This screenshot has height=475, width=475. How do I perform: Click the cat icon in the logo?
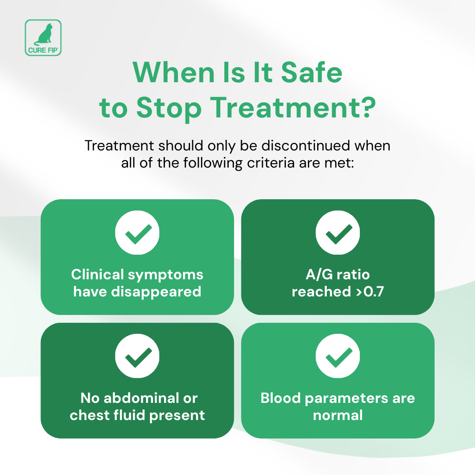[43, 34]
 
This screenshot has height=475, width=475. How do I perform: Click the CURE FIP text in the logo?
[43, 50]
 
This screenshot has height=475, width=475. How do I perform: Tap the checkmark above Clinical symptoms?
[137, 233]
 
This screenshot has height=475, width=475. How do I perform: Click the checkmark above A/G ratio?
[338, 233]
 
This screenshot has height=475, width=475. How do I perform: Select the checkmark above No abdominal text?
[137, 356]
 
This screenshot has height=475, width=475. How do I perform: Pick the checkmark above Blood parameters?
[338, 356]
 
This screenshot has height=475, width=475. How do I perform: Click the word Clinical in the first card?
[97, 274]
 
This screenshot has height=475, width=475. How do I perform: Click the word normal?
[338, 415]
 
